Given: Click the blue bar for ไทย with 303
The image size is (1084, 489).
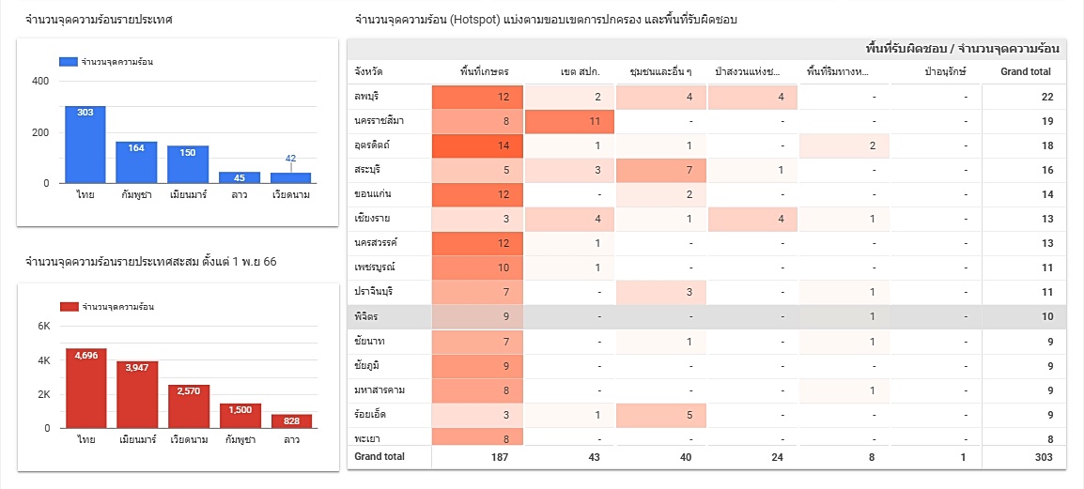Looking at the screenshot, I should click(85, 145).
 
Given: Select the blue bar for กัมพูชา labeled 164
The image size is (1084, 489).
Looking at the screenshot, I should click(136, 163).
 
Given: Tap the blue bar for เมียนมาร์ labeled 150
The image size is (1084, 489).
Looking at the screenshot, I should click(188, 165).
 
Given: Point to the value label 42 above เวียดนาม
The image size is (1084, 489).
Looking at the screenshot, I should click(290, 159).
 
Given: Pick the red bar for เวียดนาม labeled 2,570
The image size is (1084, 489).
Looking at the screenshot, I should click(188, 406).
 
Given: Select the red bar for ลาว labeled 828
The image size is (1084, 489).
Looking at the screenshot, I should click(291, 421).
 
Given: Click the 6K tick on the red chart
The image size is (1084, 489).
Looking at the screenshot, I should click(43, 327).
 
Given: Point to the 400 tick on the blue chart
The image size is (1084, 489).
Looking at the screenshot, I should click(41, 82).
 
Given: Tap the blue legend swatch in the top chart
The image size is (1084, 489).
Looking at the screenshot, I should click(69, 62).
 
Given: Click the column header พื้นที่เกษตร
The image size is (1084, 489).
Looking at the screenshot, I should click(485, 71).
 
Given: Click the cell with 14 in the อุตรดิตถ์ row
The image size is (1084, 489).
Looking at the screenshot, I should click(477, 145).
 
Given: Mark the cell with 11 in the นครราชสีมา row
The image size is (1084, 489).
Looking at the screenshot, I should click(569, 121).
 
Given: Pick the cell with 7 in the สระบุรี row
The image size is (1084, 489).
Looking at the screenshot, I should click(660, 170).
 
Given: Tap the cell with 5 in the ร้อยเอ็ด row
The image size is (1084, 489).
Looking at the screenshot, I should click(660, 414).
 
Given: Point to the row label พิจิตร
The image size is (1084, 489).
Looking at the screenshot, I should click(366, 316).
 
